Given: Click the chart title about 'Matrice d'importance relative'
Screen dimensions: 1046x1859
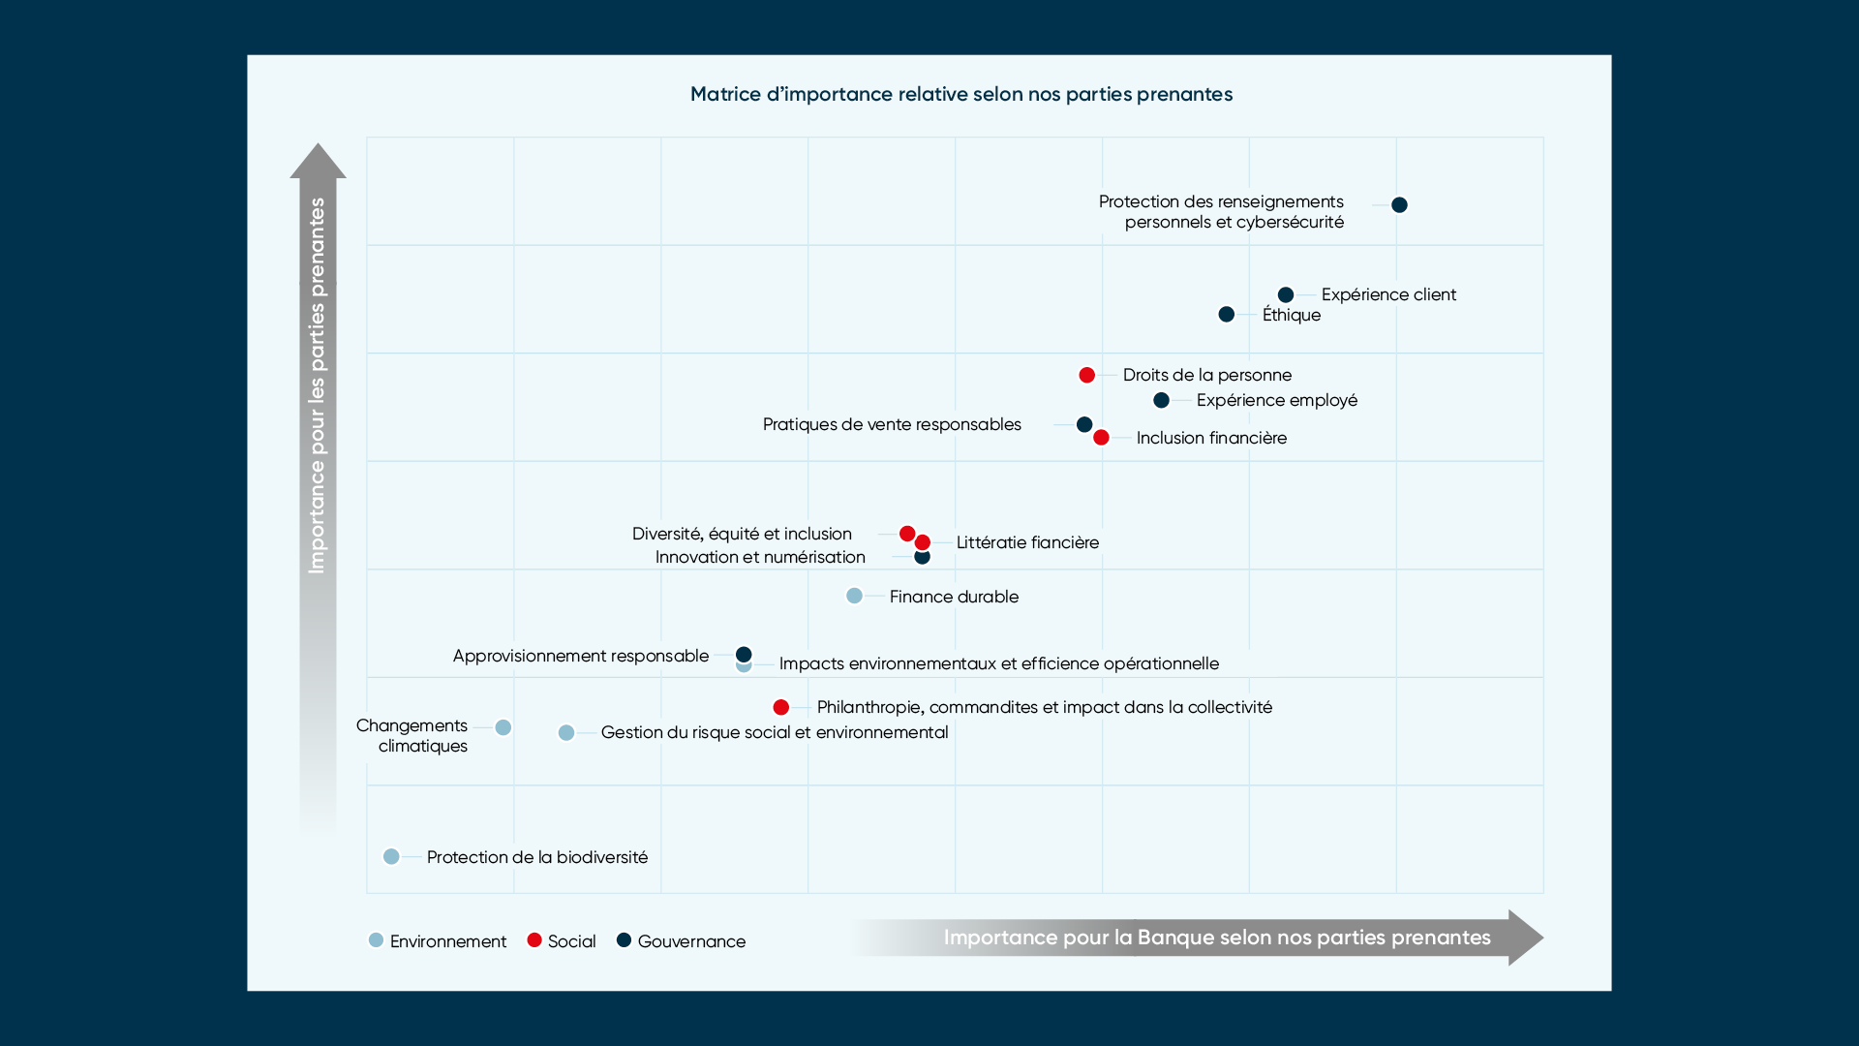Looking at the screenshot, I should point(960,94).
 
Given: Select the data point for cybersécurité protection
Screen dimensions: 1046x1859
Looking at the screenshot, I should point(1399,204).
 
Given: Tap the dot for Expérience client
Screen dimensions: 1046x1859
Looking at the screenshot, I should point(1286,294).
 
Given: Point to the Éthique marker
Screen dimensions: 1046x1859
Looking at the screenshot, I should point(1226,314).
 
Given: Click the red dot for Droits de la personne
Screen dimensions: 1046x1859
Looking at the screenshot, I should point(1086,375).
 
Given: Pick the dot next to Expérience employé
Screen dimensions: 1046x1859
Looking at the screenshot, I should point(1161,400).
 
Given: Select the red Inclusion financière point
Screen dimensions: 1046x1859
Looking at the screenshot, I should point(1101,438).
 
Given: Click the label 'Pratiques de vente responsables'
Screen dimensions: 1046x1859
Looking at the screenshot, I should point(892,424).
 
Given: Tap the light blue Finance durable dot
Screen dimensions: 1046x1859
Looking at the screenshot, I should point(854,596).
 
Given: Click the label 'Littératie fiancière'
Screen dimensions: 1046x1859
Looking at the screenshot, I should point(1027,542).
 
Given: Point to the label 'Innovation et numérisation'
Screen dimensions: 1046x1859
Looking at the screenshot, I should point(760,557).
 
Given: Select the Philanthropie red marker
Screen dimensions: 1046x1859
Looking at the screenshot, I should point(780,707).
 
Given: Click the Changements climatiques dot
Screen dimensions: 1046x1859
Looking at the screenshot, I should point(503,727).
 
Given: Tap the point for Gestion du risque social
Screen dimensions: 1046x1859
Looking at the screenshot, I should point(566,732).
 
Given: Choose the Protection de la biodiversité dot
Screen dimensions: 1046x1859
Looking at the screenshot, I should point(391,856).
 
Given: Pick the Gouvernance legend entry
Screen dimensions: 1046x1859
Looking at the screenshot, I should point(682,940).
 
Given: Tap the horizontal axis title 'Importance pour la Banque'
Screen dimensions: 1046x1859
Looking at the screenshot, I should point(1216,938).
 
